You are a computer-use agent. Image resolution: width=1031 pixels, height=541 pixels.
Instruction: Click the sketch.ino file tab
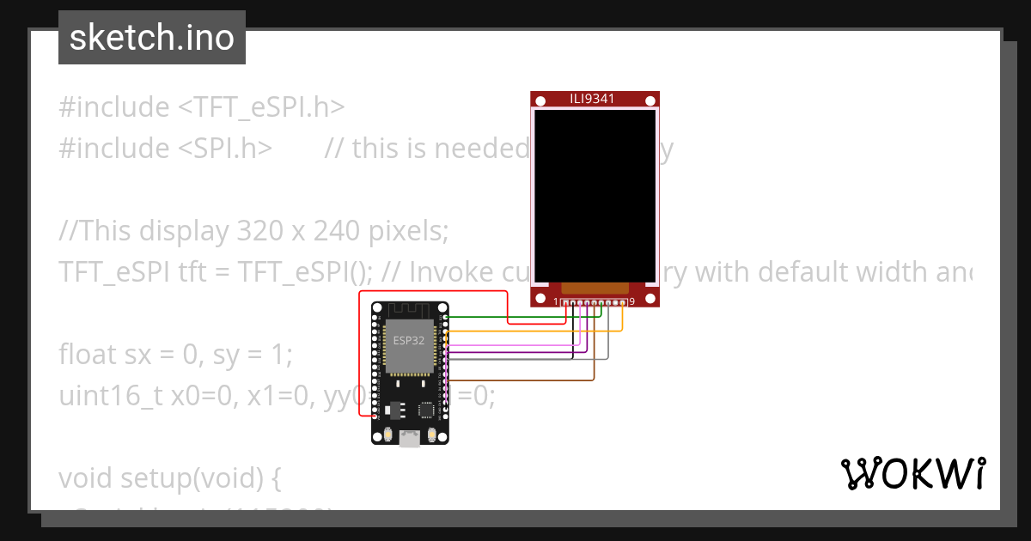pos(152,39)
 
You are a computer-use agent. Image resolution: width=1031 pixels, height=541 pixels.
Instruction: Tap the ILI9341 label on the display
pos(594,99)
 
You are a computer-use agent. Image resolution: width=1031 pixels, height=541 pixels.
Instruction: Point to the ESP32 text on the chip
pos(409,340)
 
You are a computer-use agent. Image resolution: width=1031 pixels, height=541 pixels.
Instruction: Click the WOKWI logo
pos(912,474)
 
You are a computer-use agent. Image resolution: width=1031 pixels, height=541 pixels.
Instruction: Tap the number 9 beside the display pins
pos(632,301)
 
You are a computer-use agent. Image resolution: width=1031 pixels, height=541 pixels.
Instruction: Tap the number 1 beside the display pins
pos(557,301)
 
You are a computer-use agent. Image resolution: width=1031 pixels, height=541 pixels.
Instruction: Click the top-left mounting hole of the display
pos(540,102)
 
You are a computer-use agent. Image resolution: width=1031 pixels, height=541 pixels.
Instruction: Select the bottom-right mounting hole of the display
pos(650,298)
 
